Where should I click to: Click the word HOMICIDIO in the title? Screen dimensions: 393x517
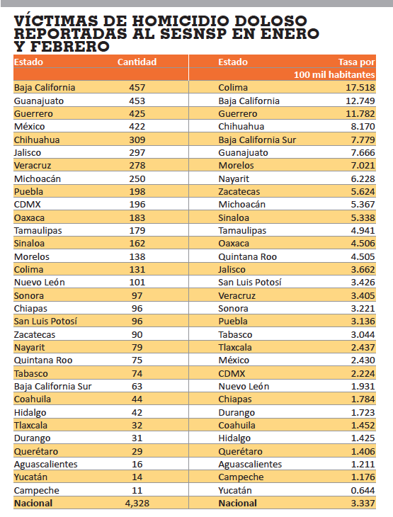click(x=181, y=21)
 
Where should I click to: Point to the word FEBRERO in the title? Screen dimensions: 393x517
click(x=69, y=46)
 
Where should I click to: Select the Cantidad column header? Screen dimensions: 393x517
click(x=137, y=62)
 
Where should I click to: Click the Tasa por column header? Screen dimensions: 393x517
click(x=357, y=62)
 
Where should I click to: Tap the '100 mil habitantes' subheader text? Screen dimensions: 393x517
click(x=334, y=74)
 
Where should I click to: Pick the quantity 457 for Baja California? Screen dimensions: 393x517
click(x=137, y=87)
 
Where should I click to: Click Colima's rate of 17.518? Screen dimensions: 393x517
click(x=360, y=87)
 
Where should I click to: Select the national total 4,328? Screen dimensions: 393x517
click(x=137, y=503)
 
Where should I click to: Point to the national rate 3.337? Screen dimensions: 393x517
click(x=363, y=503)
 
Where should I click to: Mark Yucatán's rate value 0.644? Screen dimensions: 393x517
click(x=363, y=490)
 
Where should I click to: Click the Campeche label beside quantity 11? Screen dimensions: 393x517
click(x=37, y=491)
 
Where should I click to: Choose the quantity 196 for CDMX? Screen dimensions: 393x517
click(x=137, y=205)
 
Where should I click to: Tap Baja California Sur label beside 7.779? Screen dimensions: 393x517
click(x=257, y=140)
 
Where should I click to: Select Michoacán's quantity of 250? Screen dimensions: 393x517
click(x=137, y=178)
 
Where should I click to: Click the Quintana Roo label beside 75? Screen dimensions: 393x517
click(x=43, y=360)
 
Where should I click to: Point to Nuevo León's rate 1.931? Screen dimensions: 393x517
click(x=363, y=387)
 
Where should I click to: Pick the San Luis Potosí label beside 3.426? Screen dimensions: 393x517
click(x=250, y=283)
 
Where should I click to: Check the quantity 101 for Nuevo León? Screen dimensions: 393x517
click(x=137, y=283)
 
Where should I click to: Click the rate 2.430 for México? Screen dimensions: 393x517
click(x=363, y=360)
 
